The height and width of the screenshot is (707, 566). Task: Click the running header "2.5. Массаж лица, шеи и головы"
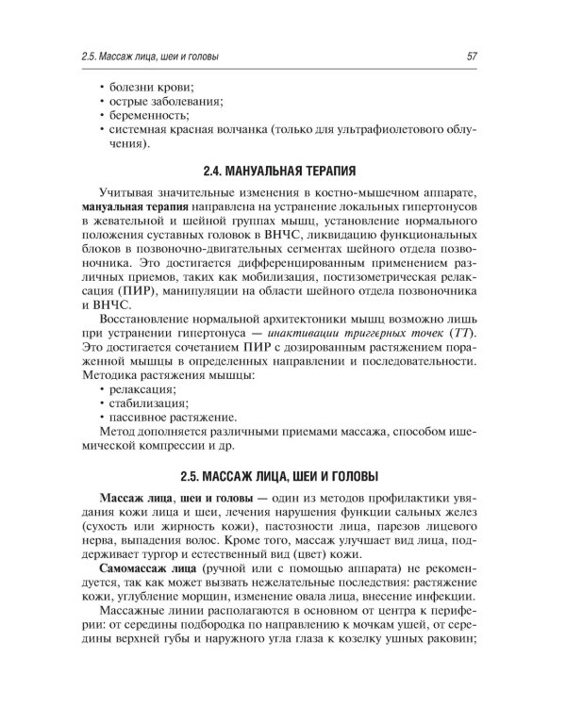click(x=150, y=58)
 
